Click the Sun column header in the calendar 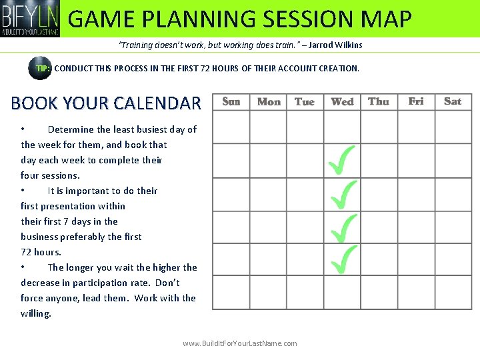point(231,101)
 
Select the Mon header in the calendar point(269,101)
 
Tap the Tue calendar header point(305,101)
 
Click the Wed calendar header point(342,101)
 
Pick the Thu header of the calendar point(379,101)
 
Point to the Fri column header point(416,101)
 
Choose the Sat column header point(453,101)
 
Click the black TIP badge point(40,68)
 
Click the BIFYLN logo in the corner point(30,18)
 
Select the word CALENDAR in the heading point(157,103)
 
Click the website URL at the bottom point(240,343)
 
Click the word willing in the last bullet point(35,313)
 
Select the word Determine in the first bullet point(72,129)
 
